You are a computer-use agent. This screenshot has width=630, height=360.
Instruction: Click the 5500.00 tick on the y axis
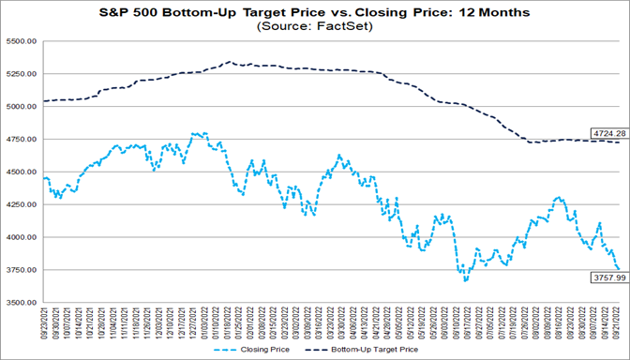pyautogui.click(x=21, y=42)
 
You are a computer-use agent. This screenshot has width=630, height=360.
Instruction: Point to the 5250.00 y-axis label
pyautogui.click(x=21, y=75)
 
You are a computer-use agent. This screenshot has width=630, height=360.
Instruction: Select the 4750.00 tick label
pyautogui.click(x=21, y=140)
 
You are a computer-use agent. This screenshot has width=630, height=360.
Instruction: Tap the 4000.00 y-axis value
pyautogui.click(x=21, y=237)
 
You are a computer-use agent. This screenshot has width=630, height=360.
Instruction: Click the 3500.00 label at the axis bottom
pyautogui.click(x=21, y=303)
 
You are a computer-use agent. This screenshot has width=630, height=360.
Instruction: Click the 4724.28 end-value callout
pyautogui.click(x=607, y=133)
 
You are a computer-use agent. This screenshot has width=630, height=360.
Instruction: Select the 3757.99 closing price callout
pyautogui.click(x=607, y=277)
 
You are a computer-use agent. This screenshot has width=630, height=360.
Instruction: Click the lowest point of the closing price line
pyautogui.click(x=466, y=280)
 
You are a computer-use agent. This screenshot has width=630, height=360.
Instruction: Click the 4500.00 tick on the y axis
pyautogui.click(x=21, y=172)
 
